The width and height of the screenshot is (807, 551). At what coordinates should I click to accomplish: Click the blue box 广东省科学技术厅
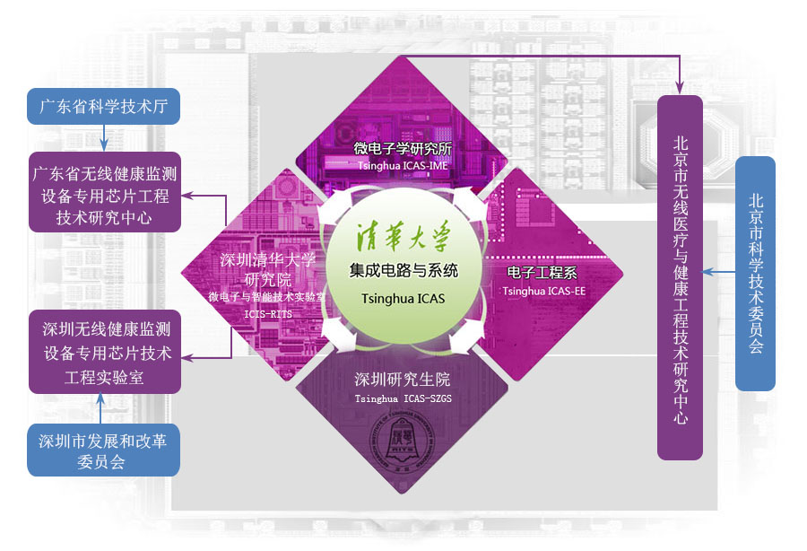[103, 106]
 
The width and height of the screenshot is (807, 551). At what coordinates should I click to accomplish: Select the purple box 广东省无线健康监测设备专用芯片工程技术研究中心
[105, 192]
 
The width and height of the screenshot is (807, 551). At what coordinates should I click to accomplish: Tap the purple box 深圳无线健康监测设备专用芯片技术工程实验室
[105, 352]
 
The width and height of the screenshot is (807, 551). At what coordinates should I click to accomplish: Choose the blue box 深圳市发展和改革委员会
[103, 450]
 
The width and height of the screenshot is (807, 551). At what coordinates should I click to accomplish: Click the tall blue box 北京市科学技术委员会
[755, 274]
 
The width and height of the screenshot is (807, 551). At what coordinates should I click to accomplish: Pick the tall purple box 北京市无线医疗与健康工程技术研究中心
[680, 277]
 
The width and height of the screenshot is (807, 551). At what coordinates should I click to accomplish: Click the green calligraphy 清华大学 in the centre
[403, 237]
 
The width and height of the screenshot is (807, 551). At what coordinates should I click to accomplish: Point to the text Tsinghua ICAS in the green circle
[403, 299]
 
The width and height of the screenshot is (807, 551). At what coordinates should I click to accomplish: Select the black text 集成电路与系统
[403, 270]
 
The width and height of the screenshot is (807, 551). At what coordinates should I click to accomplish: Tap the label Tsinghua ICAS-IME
[403, 166]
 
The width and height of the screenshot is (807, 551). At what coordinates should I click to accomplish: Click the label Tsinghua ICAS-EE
[544, 291]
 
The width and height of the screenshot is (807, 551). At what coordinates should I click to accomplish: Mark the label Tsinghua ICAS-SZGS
[403, 398]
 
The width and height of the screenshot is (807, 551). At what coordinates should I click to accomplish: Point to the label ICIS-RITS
[268, 313]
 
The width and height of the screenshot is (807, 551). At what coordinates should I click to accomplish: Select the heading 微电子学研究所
[403, 149]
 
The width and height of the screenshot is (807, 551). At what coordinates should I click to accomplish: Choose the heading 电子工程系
[542, 272]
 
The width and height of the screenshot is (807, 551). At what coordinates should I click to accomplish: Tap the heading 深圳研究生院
[403, 380]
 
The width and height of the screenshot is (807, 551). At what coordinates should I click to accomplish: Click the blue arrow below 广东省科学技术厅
[103, 138]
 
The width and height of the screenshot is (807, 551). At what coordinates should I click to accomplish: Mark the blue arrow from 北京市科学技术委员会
[719, 271]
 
